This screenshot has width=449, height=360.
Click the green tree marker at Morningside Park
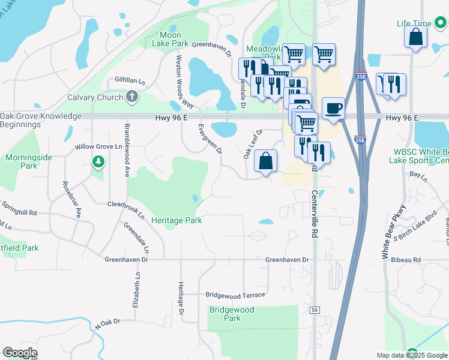[98, 161]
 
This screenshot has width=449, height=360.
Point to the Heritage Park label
[176, 220]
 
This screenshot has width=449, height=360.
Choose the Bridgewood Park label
[232, 314]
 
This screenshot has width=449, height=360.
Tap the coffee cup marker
[333, 109]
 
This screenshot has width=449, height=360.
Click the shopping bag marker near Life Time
[415, 37]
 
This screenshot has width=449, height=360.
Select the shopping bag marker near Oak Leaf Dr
[265, 161]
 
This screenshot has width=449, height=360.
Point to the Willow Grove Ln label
[98, 146]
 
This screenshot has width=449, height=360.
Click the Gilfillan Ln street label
[130, 80]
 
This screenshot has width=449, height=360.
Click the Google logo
[20, 353]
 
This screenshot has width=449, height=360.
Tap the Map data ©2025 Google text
[412, 355]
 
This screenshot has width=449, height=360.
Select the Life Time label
[414, 23]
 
